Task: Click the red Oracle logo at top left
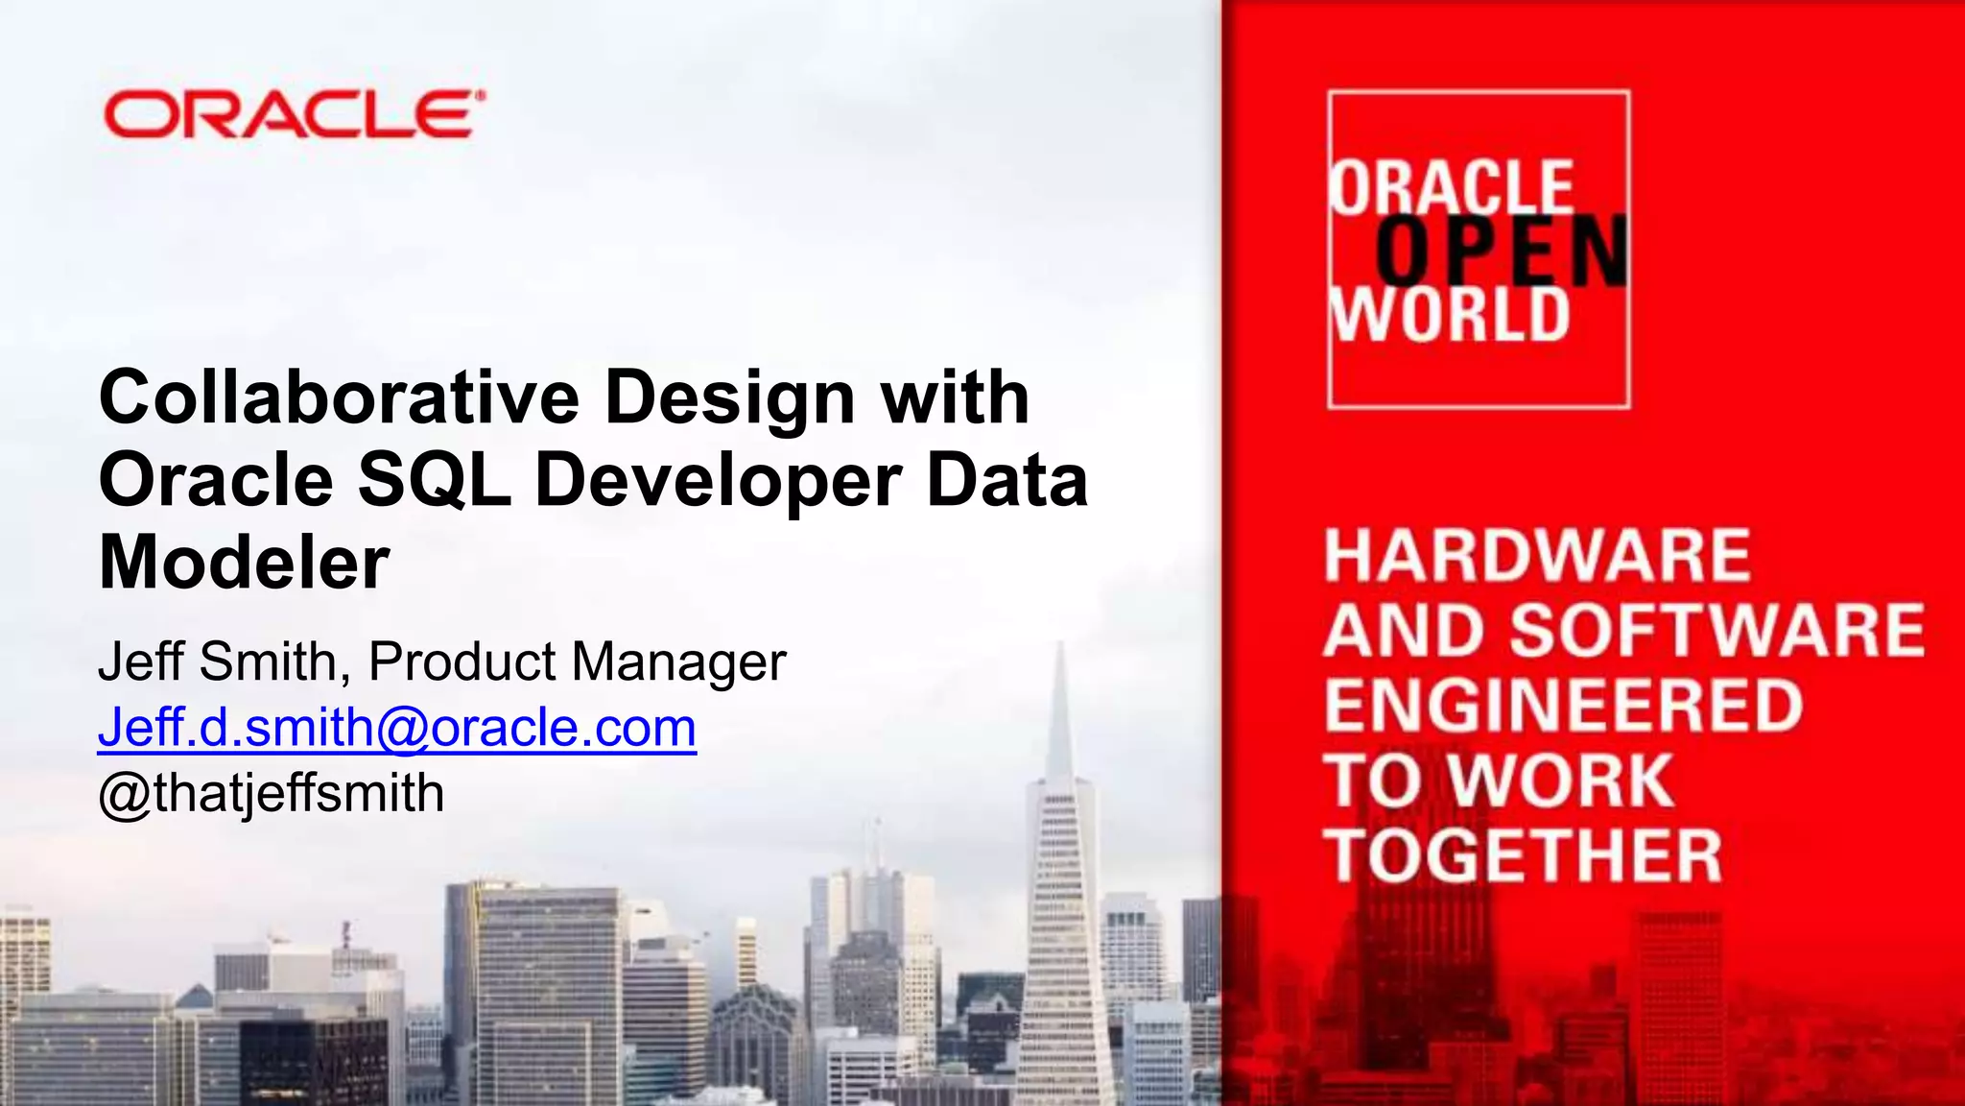[294, 115]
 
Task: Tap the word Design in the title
[729, 398]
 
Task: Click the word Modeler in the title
[244, 563]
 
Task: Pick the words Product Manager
[578, 661]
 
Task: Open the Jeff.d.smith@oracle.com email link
[397, 728]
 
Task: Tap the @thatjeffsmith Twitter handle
[272, 794]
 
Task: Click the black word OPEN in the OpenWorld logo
[1502, 251]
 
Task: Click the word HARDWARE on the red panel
[1537, 556]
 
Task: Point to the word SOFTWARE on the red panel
[1717, 631]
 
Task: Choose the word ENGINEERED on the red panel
[1564, 705]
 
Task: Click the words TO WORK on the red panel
[1499, 780]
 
